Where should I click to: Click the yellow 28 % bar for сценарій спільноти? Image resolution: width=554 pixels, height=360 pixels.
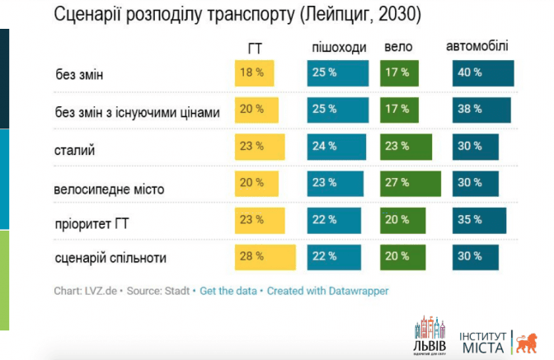coord(266,256)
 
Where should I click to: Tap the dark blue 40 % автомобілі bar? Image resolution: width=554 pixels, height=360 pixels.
coord(483,72)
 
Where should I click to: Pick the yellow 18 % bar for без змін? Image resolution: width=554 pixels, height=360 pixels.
coord(252,72)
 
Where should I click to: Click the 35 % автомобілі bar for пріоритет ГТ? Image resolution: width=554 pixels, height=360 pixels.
coord(479,220)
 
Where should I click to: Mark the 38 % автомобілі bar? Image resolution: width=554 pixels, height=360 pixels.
coord(481,109)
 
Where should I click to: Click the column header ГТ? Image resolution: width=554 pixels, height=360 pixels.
coord(255,48)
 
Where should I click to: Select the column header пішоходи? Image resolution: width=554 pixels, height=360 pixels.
coord(339,48)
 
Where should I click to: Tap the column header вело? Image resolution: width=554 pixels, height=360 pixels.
coord(398,48)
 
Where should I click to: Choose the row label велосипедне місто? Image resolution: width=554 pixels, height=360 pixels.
coord(109,189)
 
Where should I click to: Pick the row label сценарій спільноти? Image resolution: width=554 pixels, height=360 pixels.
coord(110,258)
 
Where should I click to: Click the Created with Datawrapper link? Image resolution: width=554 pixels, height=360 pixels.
coord(327,291)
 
